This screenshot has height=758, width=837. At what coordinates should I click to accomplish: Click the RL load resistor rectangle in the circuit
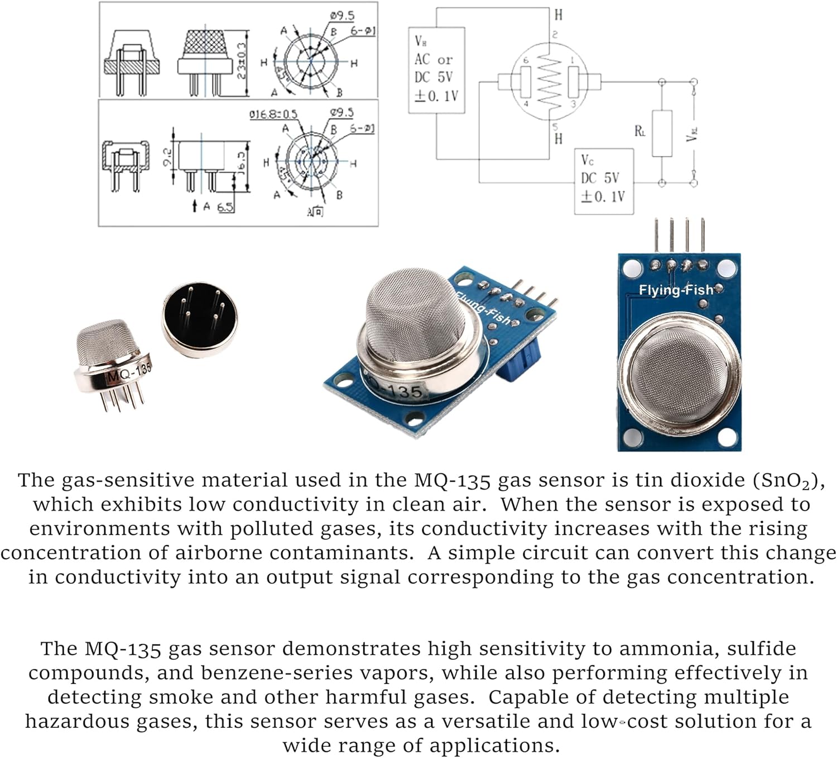pyautogui.click(x=662, y=134)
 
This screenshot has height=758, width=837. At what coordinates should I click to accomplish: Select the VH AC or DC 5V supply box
pyautogui.click(x=436, y=70)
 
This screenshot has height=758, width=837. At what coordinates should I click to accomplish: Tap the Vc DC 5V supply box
pyautogui.click(x=604, y=181)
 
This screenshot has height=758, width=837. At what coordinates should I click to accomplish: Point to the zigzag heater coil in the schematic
pyautogui.click(x=550, y=83)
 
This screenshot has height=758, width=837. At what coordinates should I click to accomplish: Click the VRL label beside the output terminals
pyautogui.click(x=692, y=134)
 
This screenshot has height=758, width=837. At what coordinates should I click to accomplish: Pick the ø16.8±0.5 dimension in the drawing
pyautogui.click(x=273, y=114)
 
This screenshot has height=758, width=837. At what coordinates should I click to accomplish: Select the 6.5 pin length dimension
pyautogui.click(x=225, y=207)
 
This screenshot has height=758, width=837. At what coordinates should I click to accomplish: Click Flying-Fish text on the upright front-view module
pyautogui.click(x=676, y=290)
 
